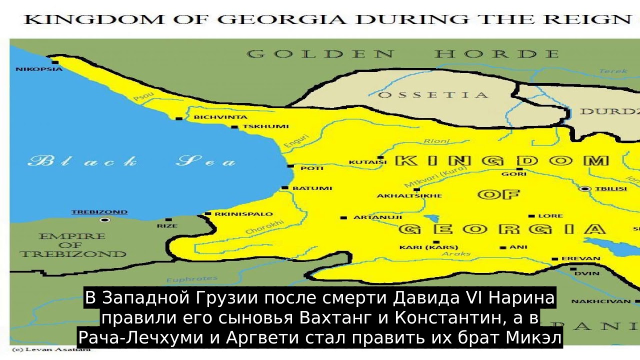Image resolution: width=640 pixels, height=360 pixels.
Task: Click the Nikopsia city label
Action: (x=38, y=69)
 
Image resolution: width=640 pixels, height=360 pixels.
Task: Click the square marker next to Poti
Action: (x=290, y=165)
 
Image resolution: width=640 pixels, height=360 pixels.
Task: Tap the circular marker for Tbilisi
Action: (x=585, y=188)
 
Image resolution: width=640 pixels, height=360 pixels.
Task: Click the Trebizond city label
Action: (x=99, y=212)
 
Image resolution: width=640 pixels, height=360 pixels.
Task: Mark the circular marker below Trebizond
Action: (x=104, y=219)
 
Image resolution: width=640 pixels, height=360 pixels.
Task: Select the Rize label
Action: (x=167, y=226)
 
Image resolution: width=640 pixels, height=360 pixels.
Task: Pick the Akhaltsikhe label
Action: (x=409, y=195)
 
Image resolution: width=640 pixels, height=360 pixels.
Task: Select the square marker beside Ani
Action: (x=502, y=247)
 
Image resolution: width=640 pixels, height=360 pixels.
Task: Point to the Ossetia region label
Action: (x=433, y=95)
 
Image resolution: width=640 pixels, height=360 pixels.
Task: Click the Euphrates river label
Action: (x=192, y=279)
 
